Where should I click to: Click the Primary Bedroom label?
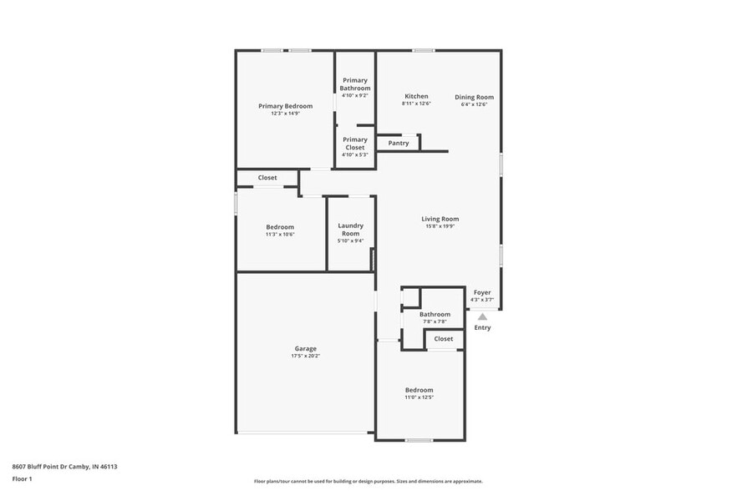coord(285,106)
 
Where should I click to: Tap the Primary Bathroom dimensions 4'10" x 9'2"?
coord(354,95)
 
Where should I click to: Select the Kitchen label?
coord(416,97)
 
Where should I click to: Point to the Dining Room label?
coord(474,97)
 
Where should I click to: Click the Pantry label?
coord(399,143)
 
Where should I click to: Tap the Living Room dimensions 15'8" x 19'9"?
coord(440,226)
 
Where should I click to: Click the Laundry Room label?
coord(350,230)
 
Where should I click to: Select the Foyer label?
coord(482,292)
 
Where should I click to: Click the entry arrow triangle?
coord(482,316)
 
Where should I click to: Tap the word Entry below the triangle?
coord(482,327)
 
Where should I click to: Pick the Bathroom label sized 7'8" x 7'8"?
coord(435,315)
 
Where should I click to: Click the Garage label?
coord(305,348)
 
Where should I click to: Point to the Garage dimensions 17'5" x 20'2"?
coord(305,356)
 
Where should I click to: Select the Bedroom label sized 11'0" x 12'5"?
coord(419,390)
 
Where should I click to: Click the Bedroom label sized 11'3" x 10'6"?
coord(280,227)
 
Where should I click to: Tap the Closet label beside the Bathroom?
coord(444,338)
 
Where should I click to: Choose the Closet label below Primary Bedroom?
coord(267,178)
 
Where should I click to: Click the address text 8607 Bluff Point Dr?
coord(41,467)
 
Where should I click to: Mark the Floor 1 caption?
coord(22,478)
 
